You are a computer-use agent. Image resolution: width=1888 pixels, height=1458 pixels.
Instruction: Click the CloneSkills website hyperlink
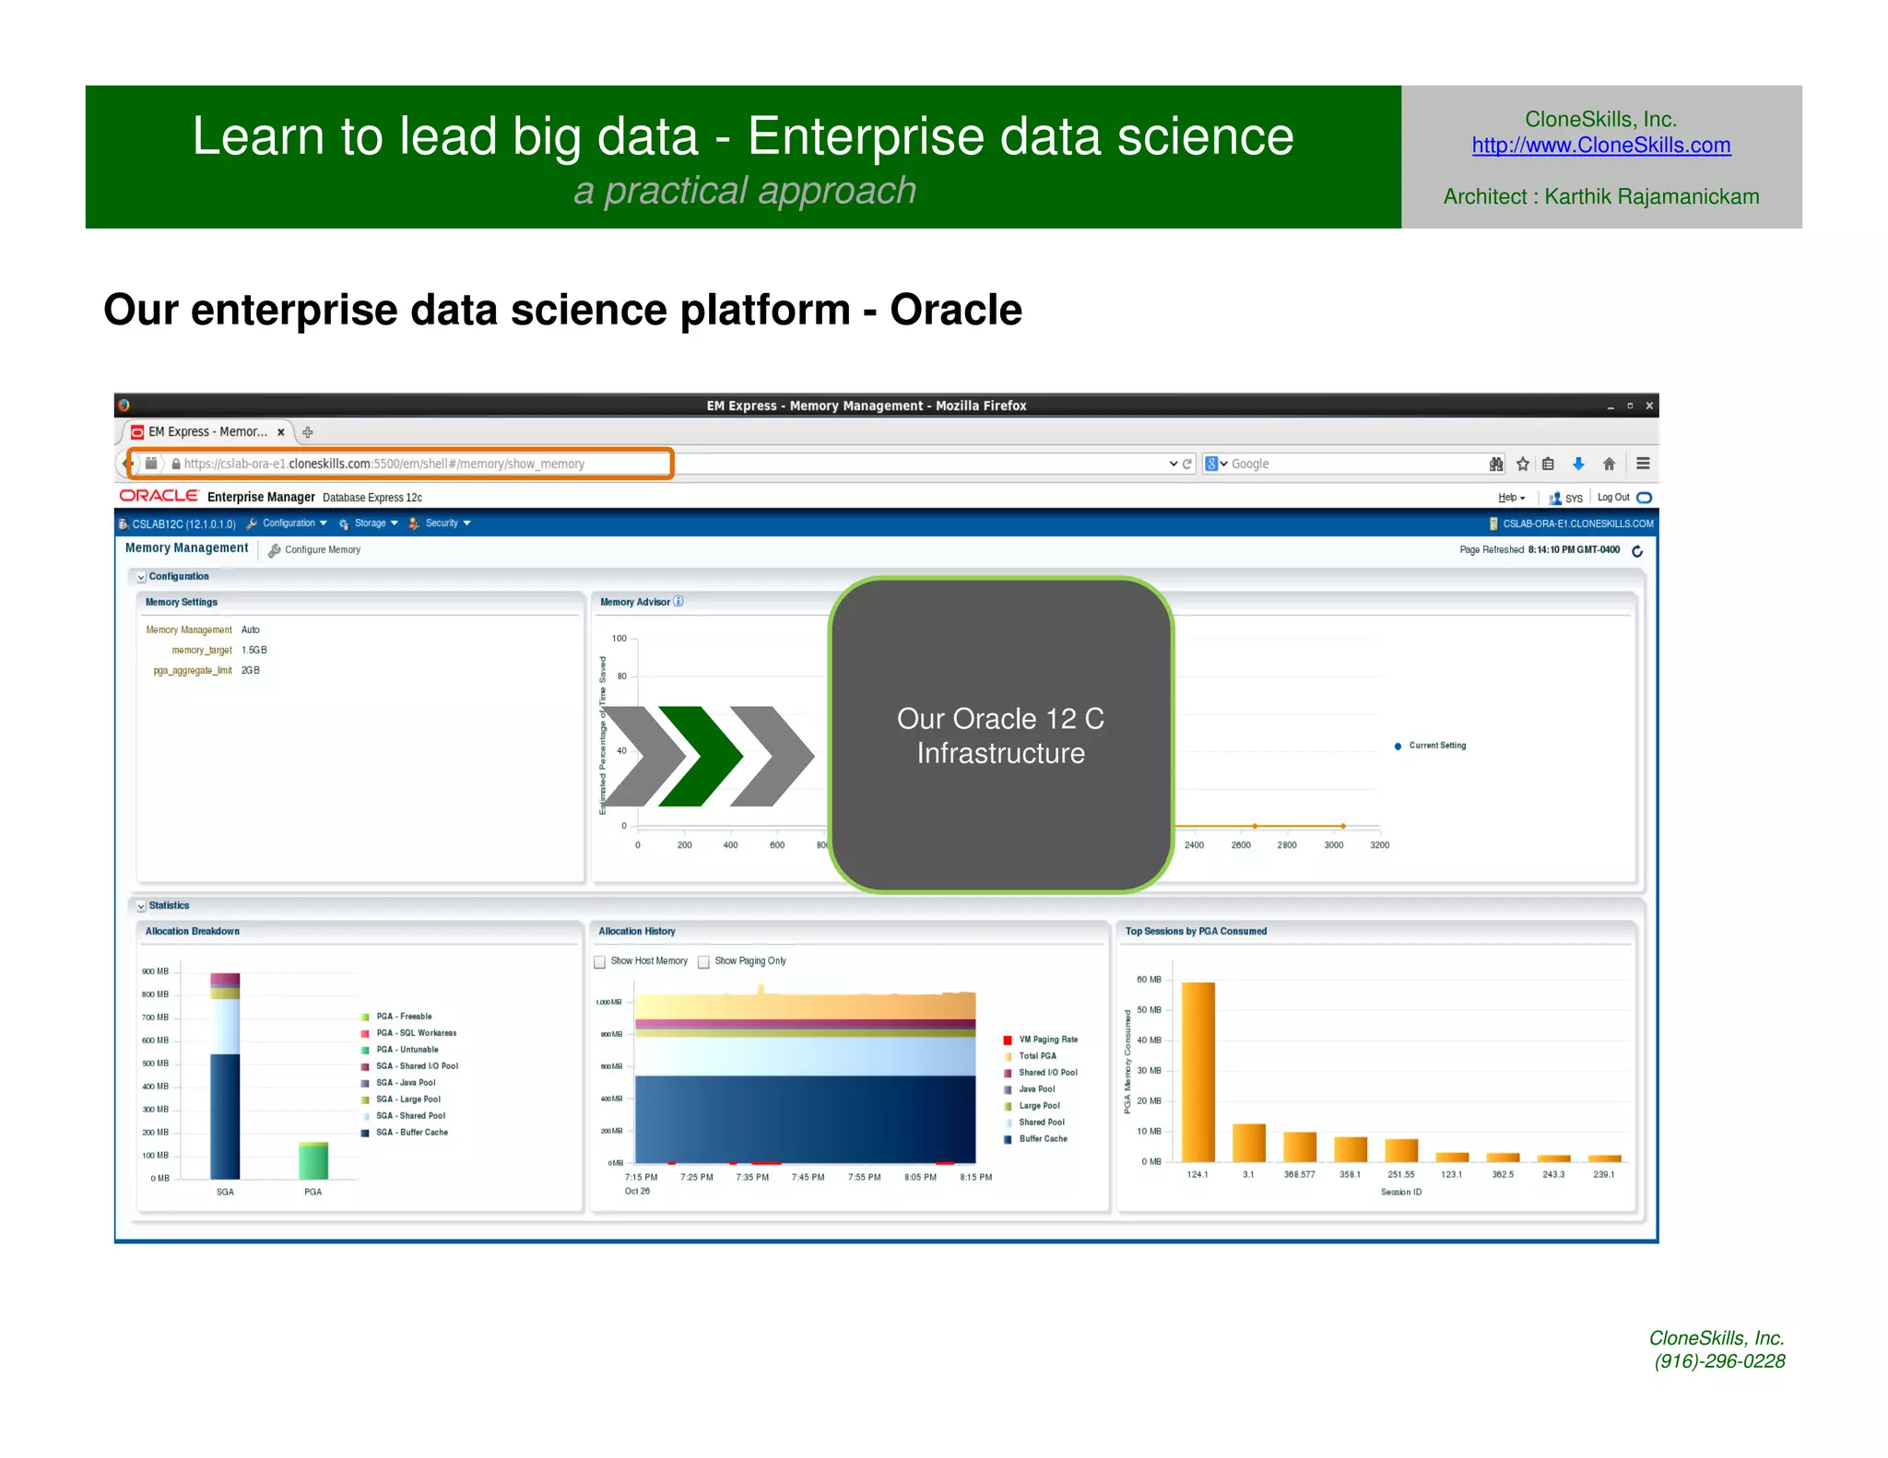[x=1600, y=146]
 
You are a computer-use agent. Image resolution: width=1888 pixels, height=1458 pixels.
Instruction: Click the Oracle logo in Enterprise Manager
[x=159, y=496]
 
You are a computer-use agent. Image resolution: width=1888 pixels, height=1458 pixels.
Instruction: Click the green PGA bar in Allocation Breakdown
[x=313, y=1160]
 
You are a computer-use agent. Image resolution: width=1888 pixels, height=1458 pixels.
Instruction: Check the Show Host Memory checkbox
[x=600, y=961]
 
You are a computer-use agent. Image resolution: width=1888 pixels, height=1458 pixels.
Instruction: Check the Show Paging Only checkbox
[x=704, y=961]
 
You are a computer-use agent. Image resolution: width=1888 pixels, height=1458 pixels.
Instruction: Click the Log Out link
[x=1612, y=498]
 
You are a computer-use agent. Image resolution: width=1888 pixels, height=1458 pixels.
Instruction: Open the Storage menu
[x=370, y=523]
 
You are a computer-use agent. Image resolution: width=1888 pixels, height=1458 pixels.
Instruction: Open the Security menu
[x=442, y=523]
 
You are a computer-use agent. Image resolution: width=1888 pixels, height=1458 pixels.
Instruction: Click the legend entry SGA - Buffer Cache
[x=411, y=1133]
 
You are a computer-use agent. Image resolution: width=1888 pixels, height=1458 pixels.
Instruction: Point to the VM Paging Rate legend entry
[x=1047, y=1040]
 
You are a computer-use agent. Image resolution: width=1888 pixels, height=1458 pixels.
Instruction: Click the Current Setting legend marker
[x=1398, y=746]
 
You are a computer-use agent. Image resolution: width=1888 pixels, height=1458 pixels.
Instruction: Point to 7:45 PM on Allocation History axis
[x=808, y=1177]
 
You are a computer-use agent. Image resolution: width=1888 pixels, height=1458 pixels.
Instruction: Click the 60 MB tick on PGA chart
[x=1149, y=980]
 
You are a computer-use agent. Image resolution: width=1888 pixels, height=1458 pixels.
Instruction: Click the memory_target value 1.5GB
[x=254, y=651]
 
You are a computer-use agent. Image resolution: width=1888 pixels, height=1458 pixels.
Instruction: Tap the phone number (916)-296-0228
[x=1719, y=1361]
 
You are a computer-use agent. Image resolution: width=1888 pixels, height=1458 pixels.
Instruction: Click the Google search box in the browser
[x=1346, y=464]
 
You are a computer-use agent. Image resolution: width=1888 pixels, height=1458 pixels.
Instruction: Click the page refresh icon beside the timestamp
[x=1637, y=551]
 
